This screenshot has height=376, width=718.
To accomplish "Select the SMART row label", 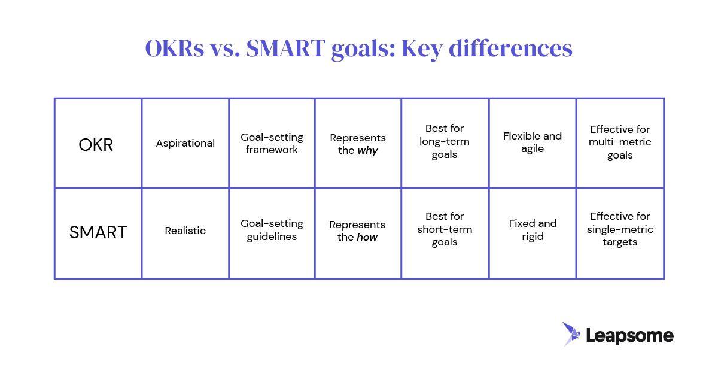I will [98, 232].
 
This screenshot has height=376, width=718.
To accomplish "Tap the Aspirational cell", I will [185, 143].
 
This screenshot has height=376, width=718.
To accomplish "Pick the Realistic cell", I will [185, 231].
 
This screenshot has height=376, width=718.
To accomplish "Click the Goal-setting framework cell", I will [272, 144].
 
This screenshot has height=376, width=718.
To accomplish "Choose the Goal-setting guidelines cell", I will [272, 230].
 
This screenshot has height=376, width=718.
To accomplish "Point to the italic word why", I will [367, 151].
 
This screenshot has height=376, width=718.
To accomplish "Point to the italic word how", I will [367, 237].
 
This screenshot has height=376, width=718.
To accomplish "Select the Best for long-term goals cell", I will [445, 142].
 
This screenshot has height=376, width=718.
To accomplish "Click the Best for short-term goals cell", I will [445, 229].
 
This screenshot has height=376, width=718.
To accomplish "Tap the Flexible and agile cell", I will [533, 142].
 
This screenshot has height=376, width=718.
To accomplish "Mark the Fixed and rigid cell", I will [533, 230].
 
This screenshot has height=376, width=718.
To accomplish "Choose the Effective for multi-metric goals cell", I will [620, 142].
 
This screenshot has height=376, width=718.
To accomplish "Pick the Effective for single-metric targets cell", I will [620, 229].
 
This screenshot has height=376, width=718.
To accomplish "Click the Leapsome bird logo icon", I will [571, 334].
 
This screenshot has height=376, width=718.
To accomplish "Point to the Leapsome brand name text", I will [629, 336].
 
